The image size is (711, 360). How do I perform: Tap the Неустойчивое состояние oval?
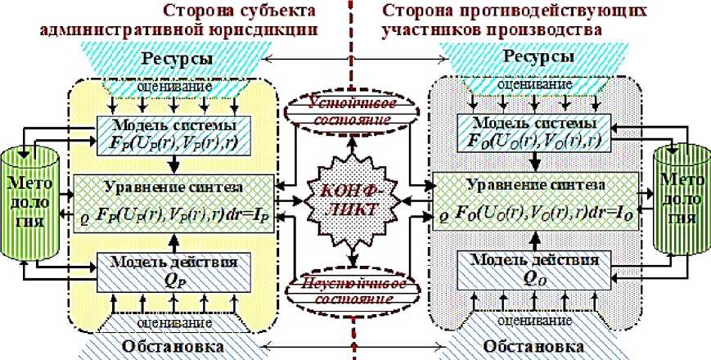click(x=355, y=289)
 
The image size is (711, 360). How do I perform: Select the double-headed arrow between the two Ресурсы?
click(x=356, y=60)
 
